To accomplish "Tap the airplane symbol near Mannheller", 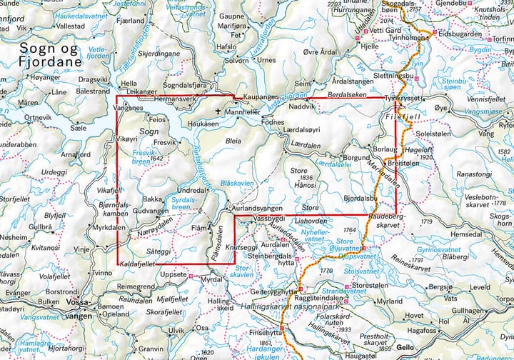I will point(218,111).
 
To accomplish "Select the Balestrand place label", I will point(93,91).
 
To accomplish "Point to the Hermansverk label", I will point(176,97).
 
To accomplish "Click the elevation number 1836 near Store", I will point(307,177).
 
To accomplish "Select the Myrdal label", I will point(211,281).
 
